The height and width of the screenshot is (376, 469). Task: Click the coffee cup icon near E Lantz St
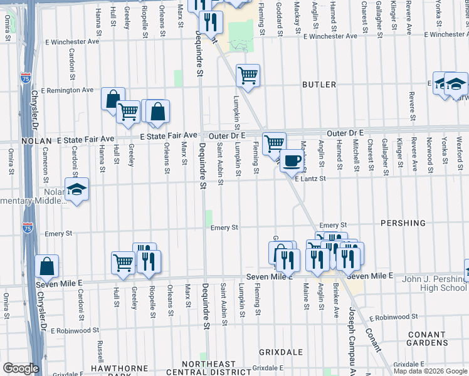(292, 160)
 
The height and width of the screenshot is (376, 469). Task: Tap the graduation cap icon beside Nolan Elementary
(76, 189)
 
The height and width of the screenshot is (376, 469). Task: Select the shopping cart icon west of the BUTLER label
(248, 76)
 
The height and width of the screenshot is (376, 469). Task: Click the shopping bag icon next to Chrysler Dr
(47, 266)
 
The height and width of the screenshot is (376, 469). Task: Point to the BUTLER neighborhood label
(320, 84)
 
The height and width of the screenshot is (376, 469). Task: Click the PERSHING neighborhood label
(403, 223)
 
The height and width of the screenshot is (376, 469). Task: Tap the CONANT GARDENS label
(426, 339)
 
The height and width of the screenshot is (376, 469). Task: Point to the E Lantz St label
(311, 179)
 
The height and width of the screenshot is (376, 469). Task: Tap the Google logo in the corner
(20, 368)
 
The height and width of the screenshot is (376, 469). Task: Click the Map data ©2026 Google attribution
(430, 371)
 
